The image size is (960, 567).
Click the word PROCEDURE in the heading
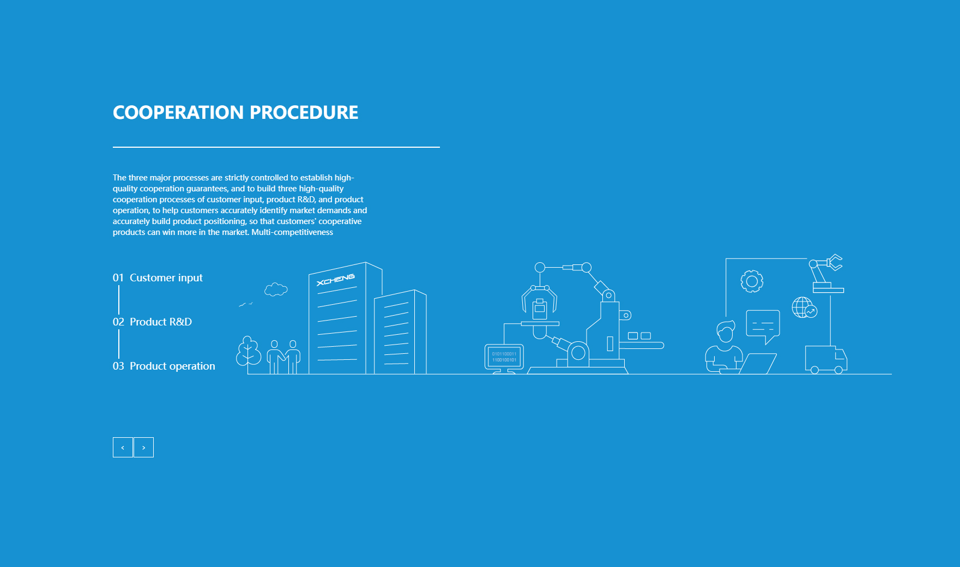(304, 112)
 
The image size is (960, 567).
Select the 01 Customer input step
(158, 278)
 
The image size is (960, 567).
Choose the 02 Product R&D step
(152, 322)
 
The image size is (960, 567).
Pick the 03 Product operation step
(164, 366)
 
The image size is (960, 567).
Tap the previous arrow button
(123, 447)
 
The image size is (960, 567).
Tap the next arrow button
(143, 447)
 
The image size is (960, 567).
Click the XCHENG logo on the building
(336, 280)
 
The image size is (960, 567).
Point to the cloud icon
(276, 289)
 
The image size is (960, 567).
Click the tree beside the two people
(249, 351)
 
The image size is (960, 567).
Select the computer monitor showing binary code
(504, 358)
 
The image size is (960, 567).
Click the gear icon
(752, 281)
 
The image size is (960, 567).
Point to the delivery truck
(826, 359)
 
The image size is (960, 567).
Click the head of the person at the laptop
(725, 331)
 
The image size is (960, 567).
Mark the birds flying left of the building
(245, 304)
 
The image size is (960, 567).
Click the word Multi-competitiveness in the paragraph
(292, 232)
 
